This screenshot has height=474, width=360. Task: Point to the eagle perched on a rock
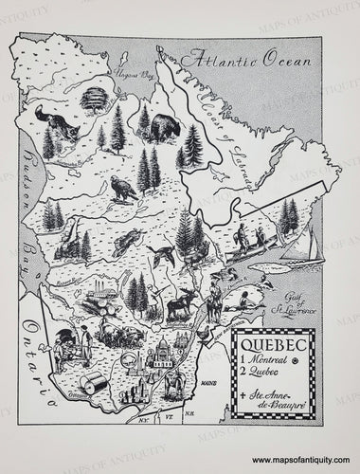(x=119, y=191)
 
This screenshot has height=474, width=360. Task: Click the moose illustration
(x=181, y=304)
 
